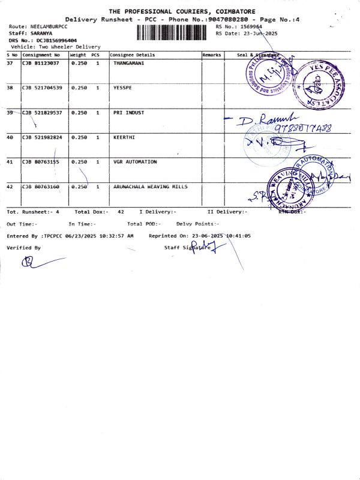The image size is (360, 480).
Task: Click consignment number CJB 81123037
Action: pyautogui.click(x=41, y=63)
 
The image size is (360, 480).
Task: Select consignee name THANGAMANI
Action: pyautogui.click(x=128, y=63)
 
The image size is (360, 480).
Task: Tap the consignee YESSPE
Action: pyautogui.click(x=122, y=88)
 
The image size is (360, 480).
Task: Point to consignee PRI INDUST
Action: pyautogui.click(x=128, y=112)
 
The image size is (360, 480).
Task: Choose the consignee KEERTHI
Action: pyautogui.click(x=124, y=137)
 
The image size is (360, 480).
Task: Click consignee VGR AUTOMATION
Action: pyautogui.click(x=135, y=162)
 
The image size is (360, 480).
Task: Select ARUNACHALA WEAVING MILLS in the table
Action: pyautogui.click(x=150, y=187)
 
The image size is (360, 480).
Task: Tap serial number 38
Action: pyautogui.click(x=10, y=88)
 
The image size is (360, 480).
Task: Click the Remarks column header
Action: pyautogui.click(x=212, y=55)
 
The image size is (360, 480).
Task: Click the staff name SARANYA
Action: pyautogui.click(x=41, y=34)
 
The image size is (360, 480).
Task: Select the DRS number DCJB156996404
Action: pyautogui.click(x=56, y=40)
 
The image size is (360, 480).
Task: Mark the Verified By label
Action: pyautogui.click(x=24, y=247)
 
